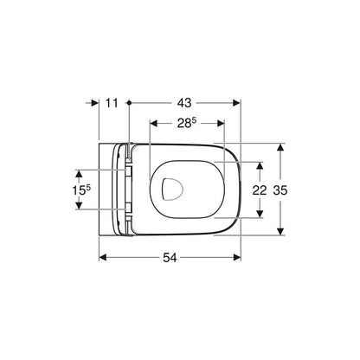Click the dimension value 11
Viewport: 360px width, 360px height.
tap(112, 103)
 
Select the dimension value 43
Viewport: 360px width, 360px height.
tap(184, 103)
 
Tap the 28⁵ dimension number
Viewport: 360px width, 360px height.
tap(187, 123)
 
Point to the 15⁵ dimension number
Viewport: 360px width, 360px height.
tap(81, 190)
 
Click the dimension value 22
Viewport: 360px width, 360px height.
tap(260, 190)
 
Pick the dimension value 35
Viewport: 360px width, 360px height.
tap(280, 190)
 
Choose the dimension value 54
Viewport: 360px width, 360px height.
tap(170, 257)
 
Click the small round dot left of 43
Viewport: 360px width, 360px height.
tap(129, 103)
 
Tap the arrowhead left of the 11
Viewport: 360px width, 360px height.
tap(95, 103)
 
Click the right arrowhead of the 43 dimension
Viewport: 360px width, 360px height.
tap(236, 103)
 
